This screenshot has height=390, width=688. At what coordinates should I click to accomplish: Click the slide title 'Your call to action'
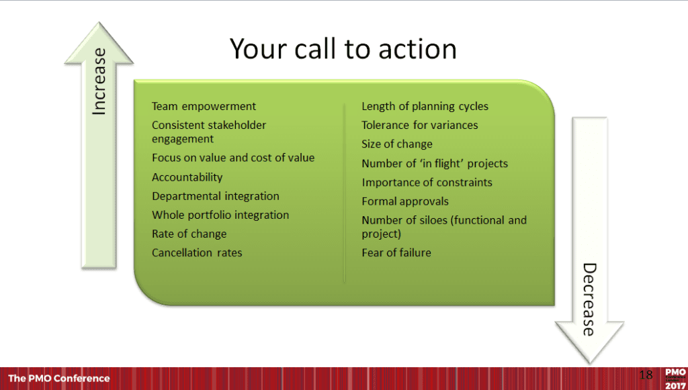(x=343, y=50)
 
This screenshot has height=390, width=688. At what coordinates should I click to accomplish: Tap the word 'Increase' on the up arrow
(x=99, y=81)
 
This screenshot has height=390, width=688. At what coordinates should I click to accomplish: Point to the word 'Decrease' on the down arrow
(x=589, y=299)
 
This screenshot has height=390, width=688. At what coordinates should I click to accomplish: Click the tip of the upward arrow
(x=99, y=22)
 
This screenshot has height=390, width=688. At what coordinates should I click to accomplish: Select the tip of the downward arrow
(x=589, y=363)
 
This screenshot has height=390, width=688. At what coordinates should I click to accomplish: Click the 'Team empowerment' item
(x=204, y=107)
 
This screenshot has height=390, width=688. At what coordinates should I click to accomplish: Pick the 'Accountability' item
(x=187, y=177)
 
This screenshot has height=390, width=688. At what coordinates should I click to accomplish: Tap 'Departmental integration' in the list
(x=216, y=196)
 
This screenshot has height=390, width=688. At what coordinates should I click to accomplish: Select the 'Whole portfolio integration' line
(x=220, y=215)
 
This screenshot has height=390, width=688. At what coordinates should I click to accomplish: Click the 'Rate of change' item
(x=189, y=234)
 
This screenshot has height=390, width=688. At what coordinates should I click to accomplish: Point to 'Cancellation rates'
(x=197, y=253)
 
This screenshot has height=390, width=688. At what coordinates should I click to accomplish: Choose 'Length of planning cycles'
(x=425, y=107)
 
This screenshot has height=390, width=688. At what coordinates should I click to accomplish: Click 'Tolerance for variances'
(x=419, y=126)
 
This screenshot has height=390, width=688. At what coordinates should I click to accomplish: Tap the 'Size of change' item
(x=396, y=144)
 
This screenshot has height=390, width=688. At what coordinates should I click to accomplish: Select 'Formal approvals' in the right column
(x=405, y=201)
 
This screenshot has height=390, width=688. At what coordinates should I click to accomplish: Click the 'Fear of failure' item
(x=396, y=253)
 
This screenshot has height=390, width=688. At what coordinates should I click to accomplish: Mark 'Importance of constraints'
(x=427, y=183)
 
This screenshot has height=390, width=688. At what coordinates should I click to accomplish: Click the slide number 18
(x=646, y=375)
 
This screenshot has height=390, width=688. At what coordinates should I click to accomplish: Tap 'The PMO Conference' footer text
(x=59, y=378)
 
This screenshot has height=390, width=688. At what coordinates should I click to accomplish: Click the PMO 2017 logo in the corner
(x=676, y=379)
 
